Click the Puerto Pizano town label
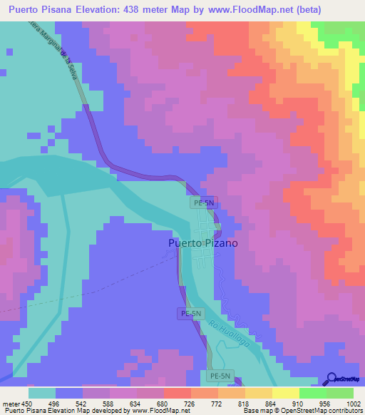click(x=203, y=243)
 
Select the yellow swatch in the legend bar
click(x=285, y=392)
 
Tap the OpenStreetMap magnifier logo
click(x=331, y=378)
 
